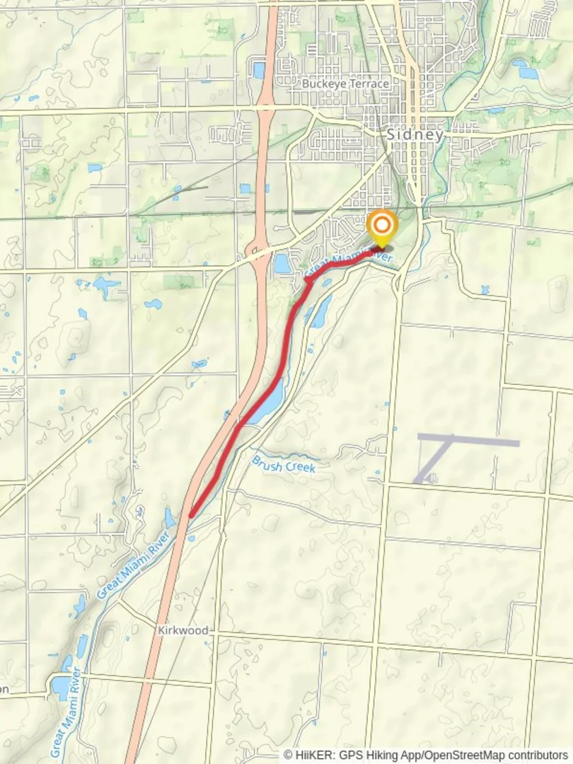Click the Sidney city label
415,134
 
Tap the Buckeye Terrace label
345,83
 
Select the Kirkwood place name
183,630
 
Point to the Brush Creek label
283,464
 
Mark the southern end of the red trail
191,515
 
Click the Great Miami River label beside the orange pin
351,262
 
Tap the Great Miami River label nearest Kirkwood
134,566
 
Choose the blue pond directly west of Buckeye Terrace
258,70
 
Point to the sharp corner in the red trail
306,281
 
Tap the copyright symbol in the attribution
288,755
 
